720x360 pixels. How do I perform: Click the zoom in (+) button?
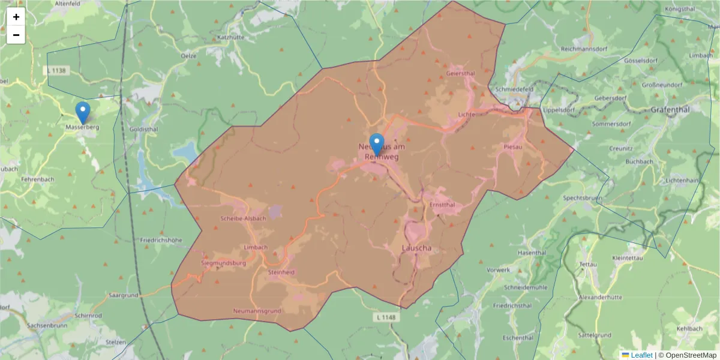(16, 17)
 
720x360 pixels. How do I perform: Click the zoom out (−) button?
(16, 35)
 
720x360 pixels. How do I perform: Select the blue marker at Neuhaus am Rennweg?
(377, 145)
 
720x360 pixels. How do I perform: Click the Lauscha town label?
(416, 248)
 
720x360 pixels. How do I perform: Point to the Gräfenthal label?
(670, 110)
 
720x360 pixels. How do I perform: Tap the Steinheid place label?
(281, 272)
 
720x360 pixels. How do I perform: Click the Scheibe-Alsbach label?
(243, 218)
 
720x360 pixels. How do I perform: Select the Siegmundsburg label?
(223, 263)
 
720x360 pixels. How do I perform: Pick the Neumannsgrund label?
(257, 311)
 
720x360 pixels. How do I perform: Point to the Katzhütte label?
(231, 37)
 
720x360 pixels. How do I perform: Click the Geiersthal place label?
(461, 73)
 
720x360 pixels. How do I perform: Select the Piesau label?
(512, 146)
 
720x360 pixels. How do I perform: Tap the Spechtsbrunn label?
(583, 197)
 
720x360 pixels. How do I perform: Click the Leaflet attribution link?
(641, 355)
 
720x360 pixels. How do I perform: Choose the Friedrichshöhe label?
(161, 239)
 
